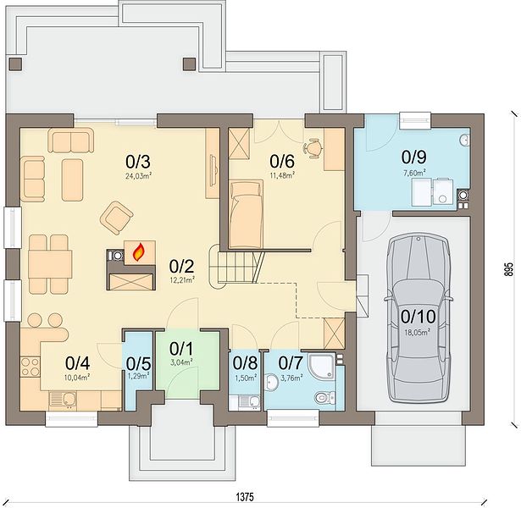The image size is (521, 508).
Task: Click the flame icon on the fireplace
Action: click(139, 252)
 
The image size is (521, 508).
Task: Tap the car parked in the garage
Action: click(418, 318)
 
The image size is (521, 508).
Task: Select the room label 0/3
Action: click(138, 162)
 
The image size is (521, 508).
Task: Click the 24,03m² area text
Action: click(138, 176)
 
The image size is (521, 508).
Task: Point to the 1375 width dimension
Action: click(245, 497)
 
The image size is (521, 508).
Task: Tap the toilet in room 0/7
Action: click(323, 397)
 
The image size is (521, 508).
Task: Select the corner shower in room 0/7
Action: click(322, 366)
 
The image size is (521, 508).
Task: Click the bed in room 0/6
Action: click(246, 214)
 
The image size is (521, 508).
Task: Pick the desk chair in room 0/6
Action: click(313, 148)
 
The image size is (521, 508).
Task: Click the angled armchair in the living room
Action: click(117, 218)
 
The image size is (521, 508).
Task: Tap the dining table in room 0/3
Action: click(50, 264)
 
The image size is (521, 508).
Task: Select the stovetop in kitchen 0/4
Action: click(30, 367)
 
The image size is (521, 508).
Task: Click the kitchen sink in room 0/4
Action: click(63, 400)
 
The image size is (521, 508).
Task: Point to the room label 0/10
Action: click(418, 317)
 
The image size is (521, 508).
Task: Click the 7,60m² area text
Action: click(414, 173)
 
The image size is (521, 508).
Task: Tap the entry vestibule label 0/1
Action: click(181, 349)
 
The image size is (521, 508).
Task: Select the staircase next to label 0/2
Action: click(236, 268)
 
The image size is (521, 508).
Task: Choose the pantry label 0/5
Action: click(139, 363)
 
